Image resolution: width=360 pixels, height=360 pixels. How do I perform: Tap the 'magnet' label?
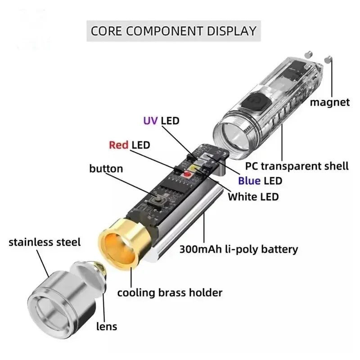pyautogui.click(x=329, y=102)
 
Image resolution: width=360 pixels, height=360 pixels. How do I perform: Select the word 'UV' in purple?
pyautogui.click(x=150, y=121)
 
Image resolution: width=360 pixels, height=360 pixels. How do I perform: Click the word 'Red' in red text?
pyautogui.click(x=119, y=145)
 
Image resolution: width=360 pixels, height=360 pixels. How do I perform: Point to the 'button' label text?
pyautogui.click(x=106, y=169)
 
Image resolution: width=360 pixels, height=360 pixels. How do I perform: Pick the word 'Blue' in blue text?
pyautogui.click(x=249, y=181)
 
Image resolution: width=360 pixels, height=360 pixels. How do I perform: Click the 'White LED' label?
pyautogui.click(x=253, y=196)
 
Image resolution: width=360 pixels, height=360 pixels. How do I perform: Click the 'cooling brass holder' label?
pyautogui.click(x=170, y=292)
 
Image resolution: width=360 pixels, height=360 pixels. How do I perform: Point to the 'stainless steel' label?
pyautogui.click(x=45, y=243)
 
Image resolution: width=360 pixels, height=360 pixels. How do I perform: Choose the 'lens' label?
pyautogui.click(x=106, y=326)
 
